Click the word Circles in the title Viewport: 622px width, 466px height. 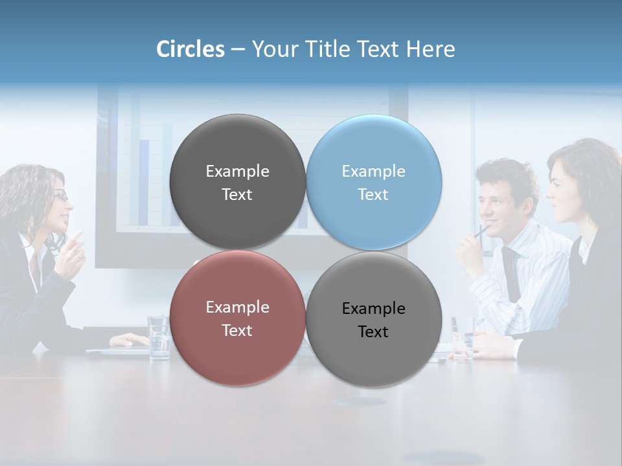tap(190, 49)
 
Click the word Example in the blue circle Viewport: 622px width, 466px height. tap(374, 172)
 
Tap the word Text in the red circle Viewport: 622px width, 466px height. tap(237, 331)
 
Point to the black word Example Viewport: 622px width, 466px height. tap(374, 309)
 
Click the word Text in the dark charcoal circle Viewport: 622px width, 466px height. tap(237, 195)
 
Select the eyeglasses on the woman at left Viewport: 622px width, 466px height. tap(60, 195)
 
